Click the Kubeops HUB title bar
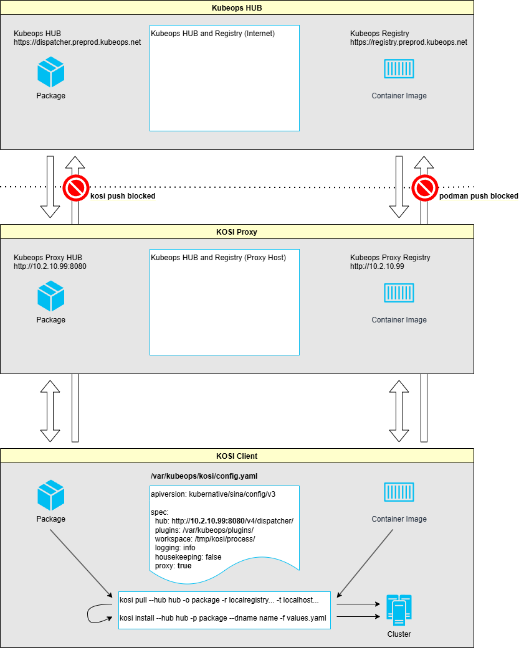pos(237,8)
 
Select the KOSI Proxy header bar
pos(237,232)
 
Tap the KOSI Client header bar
pos(237,456)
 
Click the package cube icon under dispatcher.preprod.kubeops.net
pos(51,72)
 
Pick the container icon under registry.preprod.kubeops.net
pos(399,68)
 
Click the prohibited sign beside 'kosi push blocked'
pos(76,188)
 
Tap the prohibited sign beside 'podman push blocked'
pos(425,188)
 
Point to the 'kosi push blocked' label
pos(123,196)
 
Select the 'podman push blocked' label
pos(479,196)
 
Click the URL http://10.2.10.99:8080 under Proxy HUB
pos(50,266)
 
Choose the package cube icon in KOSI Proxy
pos(51,296)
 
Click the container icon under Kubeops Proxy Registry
pos(399,293)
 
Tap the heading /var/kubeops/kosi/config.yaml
pos(204,476)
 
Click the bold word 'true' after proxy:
pos(184,566)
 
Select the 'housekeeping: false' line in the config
pos(188,556)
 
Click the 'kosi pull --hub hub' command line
pos(219,599)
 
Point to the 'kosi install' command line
pos(223,618)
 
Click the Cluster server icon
pos(399,610)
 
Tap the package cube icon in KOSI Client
pos(51,495)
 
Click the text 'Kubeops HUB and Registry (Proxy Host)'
pos(218,258)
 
